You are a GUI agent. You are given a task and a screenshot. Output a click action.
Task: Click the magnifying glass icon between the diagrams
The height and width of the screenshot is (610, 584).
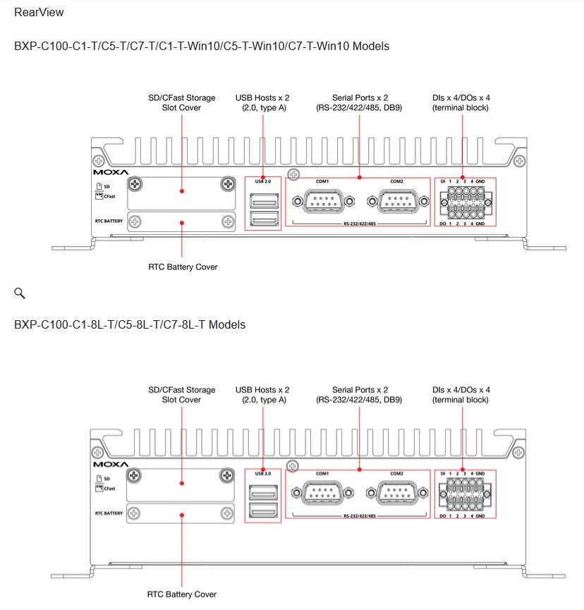click(x=20, y=293)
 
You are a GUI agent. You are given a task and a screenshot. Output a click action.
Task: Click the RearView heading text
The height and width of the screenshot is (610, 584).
click(x=39, y=13)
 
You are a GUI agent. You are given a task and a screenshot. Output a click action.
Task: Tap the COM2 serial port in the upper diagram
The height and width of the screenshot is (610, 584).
click(x=397, y=203)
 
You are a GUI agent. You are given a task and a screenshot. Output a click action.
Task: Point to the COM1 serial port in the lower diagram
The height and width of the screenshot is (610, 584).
click(x=323, y=493)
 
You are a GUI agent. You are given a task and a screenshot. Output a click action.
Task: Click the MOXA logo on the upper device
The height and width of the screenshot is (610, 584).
click(x=111, y=172)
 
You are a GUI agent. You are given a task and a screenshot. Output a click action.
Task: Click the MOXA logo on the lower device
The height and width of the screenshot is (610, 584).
click(x=111, y=465)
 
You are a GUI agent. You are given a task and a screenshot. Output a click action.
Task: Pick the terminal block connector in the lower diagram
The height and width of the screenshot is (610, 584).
click(x=463, y=495)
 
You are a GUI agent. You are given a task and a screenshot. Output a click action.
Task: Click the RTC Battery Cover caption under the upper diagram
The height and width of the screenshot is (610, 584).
click(x=183, y=267)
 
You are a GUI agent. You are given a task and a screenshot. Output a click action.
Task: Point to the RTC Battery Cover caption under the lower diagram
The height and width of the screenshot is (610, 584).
click(x=182, y=594)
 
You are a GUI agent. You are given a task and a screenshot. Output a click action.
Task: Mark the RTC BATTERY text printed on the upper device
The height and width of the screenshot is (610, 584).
click(x=109, y=221)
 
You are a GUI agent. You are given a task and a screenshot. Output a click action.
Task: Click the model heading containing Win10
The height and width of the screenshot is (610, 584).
click(x=202, y=46)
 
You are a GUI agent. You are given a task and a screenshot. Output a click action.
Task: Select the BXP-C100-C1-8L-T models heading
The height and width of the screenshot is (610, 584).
click(x=130, y=324)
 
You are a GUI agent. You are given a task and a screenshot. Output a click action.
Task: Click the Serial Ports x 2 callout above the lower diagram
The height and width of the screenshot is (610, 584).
click(x=360, y=389)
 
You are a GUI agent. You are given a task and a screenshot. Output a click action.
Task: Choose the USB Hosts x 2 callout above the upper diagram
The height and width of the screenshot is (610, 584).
click(x=262, y=97)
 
